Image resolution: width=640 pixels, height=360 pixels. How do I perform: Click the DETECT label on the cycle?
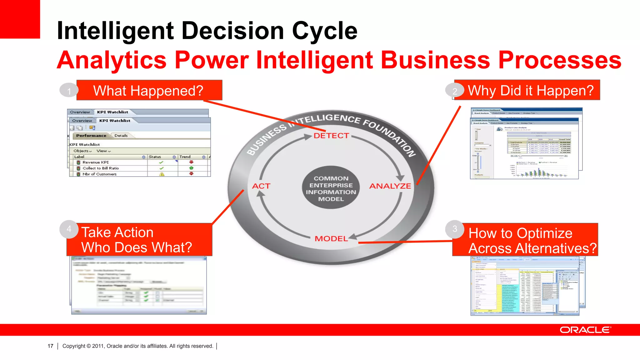(x=331, y=136)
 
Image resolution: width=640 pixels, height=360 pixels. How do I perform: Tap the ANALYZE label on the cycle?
(x=390, y=186)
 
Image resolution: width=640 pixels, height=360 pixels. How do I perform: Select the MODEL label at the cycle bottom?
(x=331, y=239)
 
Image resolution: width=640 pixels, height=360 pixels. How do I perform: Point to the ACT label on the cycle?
(x=261, y=186)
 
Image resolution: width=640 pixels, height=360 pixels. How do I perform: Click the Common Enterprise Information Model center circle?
(x=331, y=188)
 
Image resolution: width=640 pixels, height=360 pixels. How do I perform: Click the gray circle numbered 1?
(x=69, y=91)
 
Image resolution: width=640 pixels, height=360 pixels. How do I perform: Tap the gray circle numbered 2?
(x=455, y=91)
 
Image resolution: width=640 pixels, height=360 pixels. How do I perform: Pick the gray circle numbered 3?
(x=455, y=229)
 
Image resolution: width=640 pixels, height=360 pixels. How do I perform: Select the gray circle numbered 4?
(x=69, y=229)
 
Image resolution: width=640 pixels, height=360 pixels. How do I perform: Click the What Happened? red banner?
(x=149, y=91)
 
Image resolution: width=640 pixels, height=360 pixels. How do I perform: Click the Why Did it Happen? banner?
(x=530, y=91)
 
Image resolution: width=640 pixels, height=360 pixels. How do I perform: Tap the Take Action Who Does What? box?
(x=139, y=240)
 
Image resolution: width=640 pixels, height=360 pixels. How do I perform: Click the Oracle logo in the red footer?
(x=585, y=330)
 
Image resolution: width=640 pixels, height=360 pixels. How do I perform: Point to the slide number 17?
(x=50, y=346)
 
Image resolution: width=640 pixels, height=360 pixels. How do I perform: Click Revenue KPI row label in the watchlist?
(x=96, y=162)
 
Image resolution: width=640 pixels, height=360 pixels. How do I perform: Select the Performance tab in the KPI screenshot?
(x=91, y=136)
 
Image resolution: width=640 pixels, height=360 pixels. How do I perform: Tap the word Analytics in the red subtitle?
(x=112, y=60)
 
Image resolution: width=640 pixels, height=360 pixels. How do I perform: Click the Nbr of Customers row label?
(x=99, y=174)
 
